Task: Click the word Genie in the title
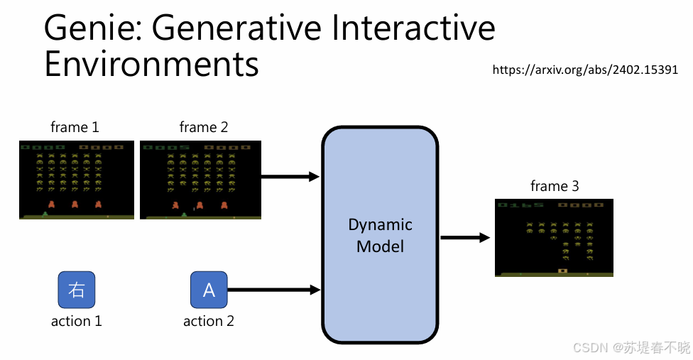(x=93, y=28)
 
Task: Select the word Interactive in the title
(x=413, y=28)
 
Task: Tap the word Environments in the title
(x=152, y=64)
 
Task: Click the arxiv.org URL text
(x=585, y=70)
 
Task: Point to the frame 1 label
(x=75, y=127)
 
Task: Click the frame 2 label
(x=204, y=127)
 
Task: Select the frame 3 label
(x=555, y=186)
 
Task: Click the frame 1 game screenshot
(x=77, y=180)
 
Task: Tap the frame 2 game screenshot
(x=201, y=180)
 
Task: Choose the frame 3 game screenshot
(x=555, y=238)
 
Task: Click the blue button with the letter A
(x=209, y=290)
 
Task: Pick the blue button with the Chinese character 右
(x=77, y=290)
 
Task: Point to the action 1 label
(x=77, y=321)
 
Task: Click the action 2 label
(x=209, y=321)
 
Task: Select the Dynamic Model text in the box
(x=380, y=236)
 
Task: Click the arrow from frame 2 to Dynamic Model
(x=290, y=177)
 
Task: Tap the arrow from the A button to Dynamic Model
(x=274, y=290)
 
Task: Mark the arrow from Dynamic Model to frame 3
(x=465, y=238)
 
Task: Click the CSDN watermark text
(x=631, y=348)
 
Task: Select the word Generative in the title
(x=236, y=28)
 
